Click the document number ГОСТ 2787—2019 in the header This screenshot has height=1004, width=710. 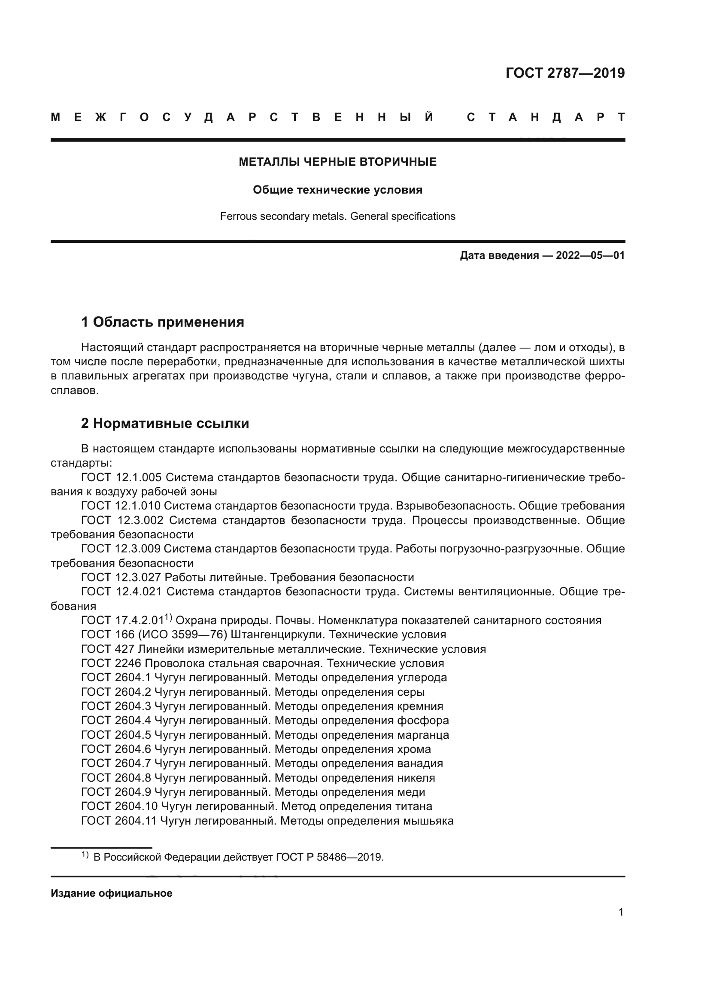click(x=565, y=73)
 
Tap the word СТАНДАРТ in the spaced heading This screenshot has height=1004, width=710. click(x=546, y=117)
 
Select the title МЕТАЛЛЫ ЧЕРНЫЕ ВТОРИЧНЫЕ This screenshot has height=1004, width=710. click(x=337, y=162)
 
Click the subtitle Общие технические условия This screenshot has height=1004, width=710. click(x=337, y=190)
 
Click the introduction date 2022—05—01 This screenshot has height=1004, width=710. click(x=590, y=255)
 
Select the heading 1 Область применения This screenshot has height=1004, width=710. click(x=163, y=322)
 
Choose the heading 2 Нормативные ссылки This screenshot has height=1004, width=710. click(x=165, y=423)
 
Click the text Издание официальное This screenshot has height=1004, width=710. click(x=112, y=893)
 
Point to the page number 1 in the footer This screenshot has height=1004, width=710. click(x=621, y=912)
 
